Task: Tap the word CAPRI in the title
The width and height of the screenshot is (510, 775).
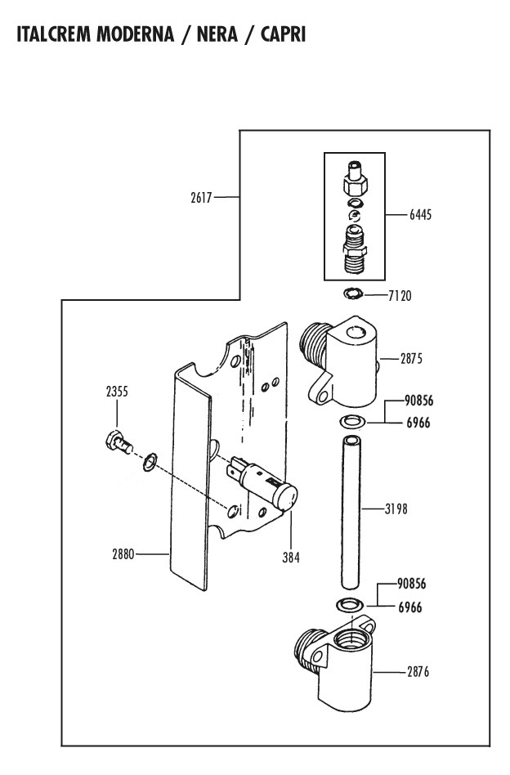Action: pos(283,34)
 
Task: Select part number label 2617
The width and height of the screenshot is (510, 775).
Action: pos(201,198)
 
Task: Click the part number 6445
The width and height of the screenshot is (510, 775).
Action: pos(421,214)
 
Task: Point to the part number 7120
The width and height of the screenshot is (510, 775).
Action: pos(400,296)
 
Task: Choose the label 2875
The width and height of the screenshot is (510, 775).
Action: pos(412,358)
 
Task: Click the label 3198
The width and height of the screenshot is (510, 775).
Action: pos(396,508)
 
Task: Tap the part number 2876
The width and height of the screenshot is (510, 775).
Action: pos(418,672)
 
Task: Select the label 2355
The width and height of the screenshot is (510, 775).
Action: pos(117,392)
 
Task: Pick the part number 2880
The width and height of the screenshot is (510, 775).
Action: pos(123,554)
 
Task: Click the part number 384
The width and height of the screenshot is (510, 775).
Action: pos(291,558)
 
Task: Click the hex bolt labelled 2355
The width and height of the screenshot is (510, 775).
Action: pos(119,441)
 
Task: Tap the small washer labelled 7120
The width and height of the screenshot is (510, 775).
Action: pos(353,293)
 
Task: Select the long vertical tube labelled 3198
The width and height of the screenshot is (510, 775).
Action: pos(351,512)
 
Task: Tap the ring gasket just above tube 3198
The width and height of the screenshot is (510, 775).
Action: pos(352,422)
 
